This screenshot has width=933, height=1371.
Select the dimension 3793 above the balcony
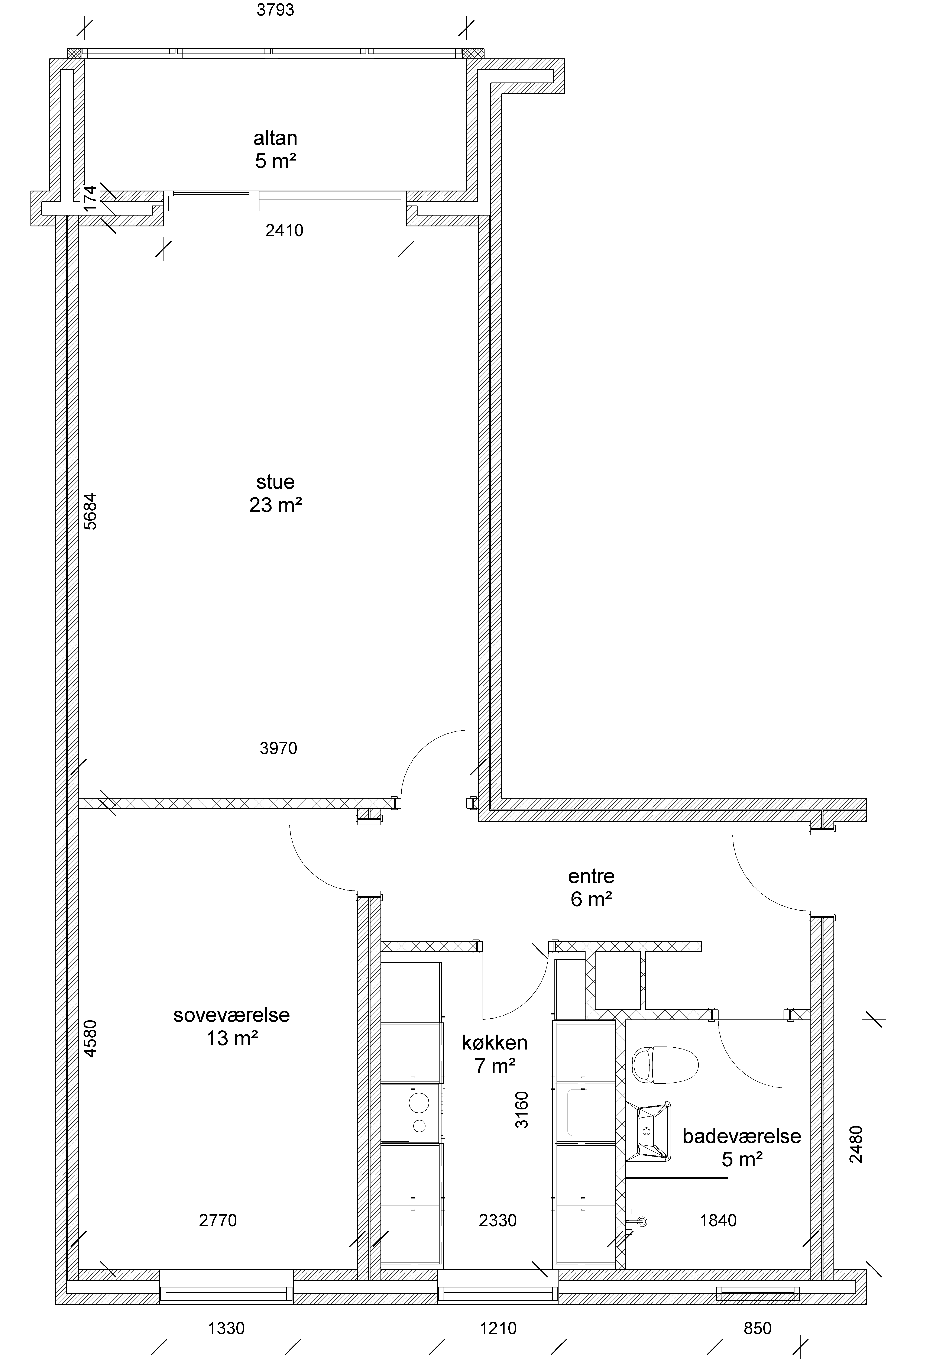(x=275, y=10)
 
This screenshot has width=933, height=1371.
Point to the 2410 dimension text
(x=284, y=230)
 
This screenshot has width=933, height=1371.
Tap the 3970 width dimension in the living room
(x=278, y=748)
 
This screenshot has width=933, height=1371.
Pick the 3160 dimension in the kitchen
(x=522, y=1110)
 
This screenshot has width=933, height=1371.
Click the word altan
(x=275, y=138)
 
